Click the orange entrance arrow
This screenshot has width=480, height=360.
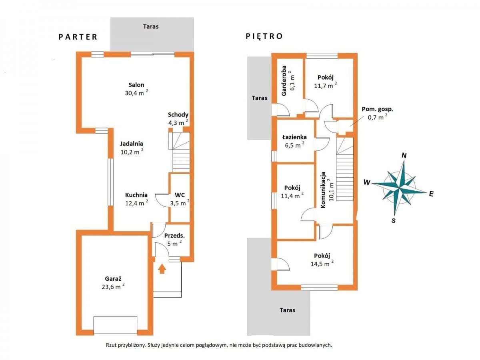162,269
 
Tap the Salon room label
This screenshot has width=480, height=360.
136,85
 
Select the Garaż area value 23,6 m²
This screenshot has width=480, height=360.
113,286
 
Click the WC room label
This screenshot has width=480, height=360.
180,195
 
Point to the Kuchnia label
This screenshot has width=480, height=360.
136,195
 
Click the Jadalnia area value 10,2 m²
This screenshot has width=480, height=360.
132,152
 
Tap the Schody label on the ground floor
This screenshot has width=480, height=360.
178,115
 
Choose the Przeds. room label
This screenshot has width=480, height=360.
174,236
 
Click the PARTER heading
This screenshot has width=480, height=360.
78,37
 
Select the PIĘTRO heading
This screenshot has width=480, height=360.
264,36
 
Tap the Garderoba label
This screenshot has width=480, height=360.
284,81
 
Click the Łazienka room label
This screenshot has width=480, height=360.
294,137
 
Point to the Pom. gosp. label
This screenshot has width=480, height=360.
377,109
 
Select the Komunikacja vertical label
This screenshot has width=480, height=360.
323,190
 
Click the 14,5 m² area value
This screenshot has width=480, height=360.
322,263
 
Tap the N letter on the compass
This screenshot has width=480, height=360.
404,156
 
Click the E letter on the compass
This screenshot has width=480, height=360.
431,194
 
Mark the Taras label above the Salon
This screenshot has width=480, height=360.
151,27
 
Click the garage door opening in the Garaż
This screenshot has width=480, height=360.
115,325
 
